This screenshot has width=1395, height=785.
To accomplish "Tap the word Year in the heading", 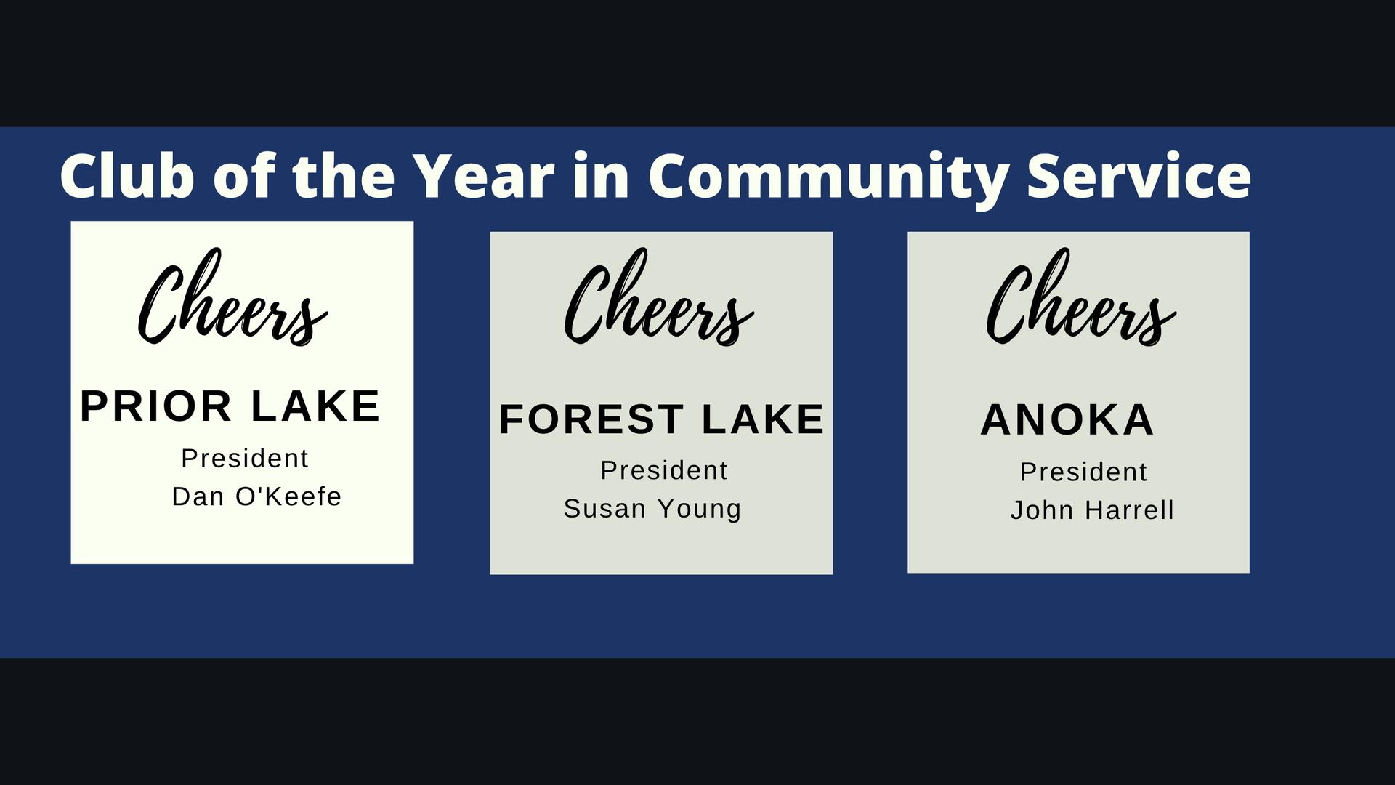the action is pyautogui.click(x=483, y=175).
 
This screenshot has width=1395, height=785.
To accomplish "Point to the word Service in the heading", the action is pyautogui.click(x=1139, y=175).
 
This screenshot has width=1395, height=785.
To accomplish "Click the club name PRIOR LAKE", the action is pyautogui.click(x=230, y=406).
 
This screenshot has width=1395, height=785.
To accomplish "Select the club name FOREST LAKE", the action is pyautogui.click(x=662, y=419).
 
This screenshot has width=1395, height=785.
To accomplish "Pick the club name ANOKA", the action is pyautogui.click(x=1067, y=419).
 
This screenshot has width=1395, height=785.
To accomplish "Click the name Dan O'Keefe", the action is pyautogui.click(x=256, y=496).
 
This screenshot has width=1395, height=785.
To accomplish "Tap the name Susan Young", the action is pyautogui.click(x=652, y=509).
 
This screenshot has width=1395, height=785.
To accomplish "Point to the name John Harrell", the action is pyautogui.click(x=1092, y=510).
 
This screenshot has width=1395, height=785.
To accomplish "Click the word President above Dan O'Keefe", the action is pyautogui.click(x=245, y=459).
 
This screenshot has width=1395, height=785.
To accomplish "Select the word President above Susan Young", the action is pyautogui.click(x=664, y=470).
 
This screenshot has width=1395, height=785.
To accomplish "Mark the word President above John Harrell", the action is pyautogui.click(x=1083, y=472).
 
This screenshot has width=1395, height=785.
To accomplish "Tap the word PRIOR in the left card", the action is pyautogui.click(x=155, y=406).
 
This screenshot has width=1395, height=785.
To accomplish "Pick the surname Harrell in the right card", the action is pyautogui.click(x=1129, y=510).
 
